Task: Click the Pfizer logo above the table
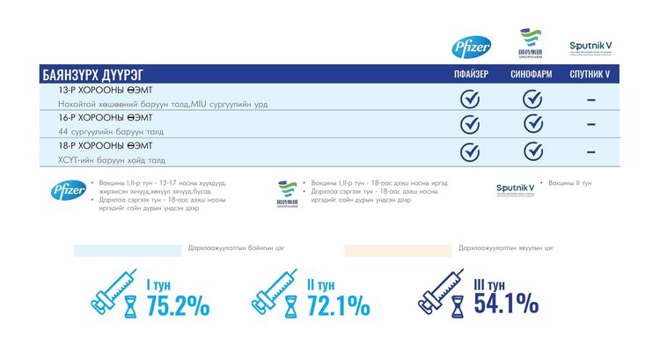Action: pos(465,48)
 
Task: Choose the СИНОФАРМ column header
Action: pos(532,75)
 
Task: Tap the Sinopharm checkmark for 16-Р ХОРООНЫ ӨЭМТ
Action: pos(533,123)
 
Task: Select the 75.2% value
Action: pos(178,305)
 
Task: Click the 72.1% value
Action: pos(339,305)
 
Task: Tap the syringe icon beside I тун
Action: pos(113,294)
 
